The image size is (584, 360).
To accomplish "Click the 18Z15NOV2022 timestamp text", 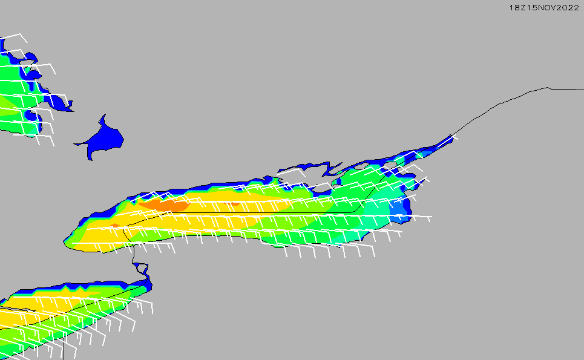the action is (544, 8).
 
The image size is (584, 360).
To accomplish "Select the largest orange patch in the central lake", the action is (164, 205).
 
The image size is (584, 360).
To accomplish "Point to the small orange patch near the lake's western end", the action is (115, 226).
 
